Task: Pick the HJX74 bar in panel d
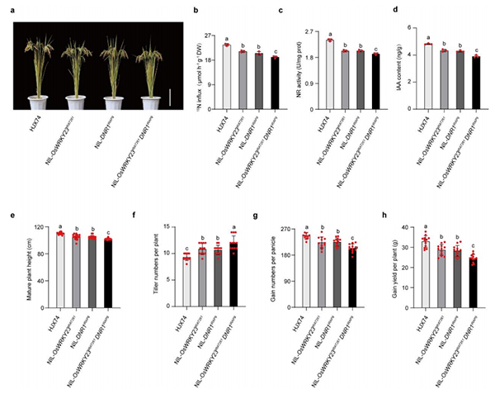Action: [x=428, y=76]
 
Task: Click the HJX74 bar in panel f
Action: [x=186, y=271]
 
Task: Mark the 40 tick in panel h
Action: [x=412, y=226]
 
